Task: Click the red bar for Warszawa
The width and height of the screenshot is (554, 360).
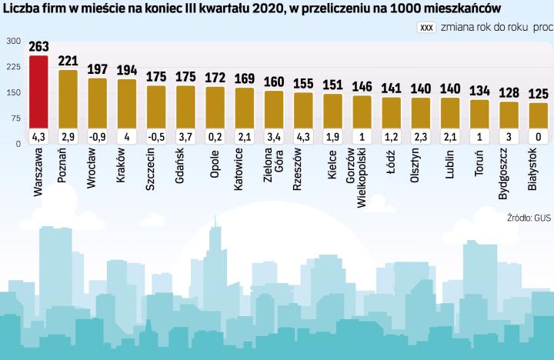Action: pyautogui.click(x=38, y=92)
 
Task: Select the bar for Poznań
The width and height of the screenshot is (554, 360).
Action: pyautogui.click(x=68, y=100)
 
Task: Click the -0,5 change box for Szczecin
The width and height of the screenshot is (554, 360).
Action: pyautogui.click(x=156, y=137)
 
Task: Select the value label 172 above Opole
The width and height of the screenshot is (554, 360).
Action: pyautogui.click(x=215, y=78)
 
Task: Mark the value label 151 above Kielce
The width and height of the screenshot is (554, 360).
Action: pyautogui.click(x=332, y=85)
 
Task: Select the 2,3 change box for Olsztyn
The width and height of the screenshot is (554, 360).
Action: pyautogui.click(x=421, y=137)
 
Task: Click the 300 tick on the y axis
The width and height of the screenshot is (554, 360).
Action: pyautogui.click(x=14, y=42)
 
